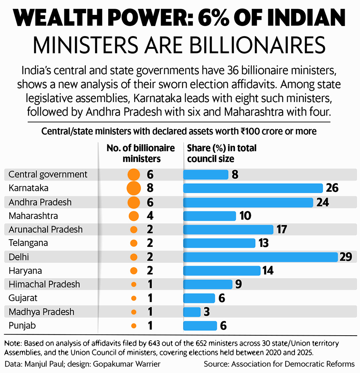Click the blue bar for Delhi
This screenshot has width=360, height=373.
pos(261,257)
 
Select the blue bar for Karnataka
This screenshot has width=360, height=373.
pos(253,188)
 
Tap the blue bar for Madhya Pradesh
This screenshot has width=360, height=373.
pos(192,312)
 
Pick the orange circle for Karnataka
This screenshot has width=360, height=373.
pos(133,188)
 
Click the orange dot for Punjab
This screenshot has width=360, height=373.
pos(133,326)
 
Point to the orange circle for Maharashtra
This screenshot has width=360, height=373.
pos(133,216)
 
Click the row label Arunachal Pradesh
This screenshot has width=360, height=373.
pos(45,230)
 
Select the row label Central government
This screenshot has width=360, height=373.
pos(48,174)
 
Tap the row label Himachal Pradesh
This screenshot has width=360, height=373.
pos(44,285)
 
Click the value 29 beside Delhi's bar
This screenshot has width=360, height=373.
pos(346,257)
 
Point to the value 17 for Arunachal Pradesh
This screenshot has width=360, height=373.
pos(282,230)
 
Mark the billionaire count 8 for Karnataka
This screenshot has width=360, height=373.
pos(150,188)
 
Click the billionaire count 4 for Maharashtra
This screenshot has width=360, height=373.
pos(150,216)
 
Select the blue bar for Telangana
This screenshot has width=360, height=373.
pos(219,243)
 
